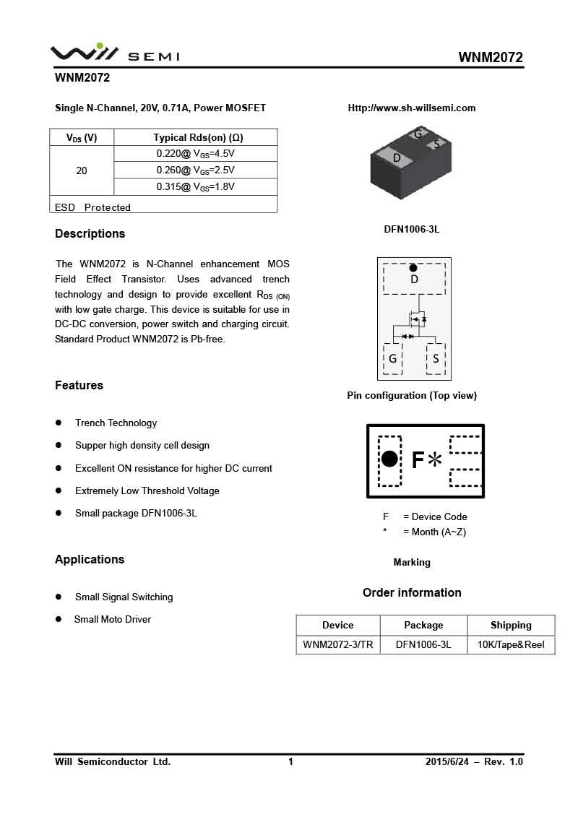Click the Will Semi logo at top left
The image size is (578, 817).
pyautogui.click(x=114, y=53)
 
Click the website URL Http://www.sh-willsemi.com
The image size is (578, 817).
pyautogui.click(x=412, y=108)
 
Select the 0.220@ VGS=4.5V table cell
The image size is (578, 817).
pyautogui.click(x=196, y=153)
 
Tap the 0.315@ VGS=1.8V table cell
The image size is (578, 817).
pyautogui.click(x=196, y=186)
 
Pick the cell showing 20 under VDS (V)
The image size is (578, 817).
pyautogui.click(x=82, y=170)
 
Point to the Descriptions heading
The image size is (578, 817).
pyautogui.click(x=90, y=233)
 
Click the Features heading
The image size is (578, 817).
pyautogui.click(x=79, y=385)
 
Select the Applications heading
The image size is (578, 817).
pyautogui.click(x=90, y=559)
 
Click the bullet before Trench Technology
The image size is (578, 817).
pyautogui.click(x=59, y=423)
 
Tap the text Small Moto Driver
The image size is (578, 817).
pyautogui.click(x=113, y=619)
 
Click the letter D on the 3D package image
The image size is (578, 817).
pyautogui.click(x=397, y=157)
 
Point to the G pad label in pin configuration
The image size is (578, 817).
pyautogui.click(x=392, y=358)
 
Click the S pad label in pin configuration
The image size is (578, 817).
pyautogui.click(x=436, y=358)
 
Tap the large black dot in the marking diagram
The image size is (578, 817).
pyautogui.click(x=389, y=459)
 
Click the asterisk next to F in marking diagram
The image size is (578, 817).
pyautogui.click(x=435, y=460)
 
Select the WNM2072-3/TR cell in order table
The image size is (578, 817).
pyautogui.click(x=338, y=644)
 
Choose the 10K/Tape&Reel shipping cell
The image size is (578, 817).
pyautogui.click(x=511, y=644)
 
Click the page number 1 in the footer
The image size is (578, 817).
pyautogui.click(x=290, y=761)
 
